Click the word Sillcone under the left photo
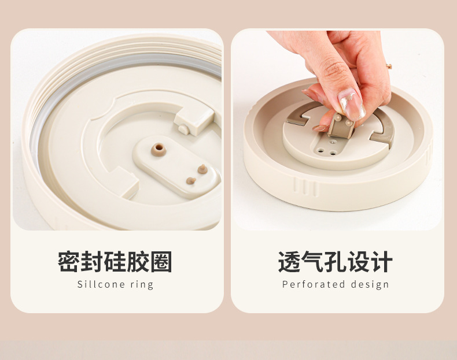[97, 284]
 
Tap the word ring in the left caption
[142, 285]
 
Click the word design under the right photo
[370, 285]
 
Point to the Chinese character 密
[69, 262]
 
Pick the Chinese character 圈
[161, 262]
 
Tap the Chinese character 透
[289, 262]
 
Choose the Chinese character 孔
[335, 262]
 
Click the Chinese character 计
[382, 262]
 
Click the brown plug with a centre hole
[159, 149]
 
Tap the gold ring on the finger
[389, 66]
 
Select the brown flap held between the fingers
[340, 125]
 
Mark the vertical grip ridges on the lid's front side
[305, 187]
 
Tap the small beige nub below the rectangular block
[183, 129]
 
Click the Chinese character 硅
[115, 262]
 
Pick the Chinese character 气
[312, 262]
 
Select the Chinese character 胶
[138, 262]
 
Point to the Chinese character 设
[359, 262]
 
